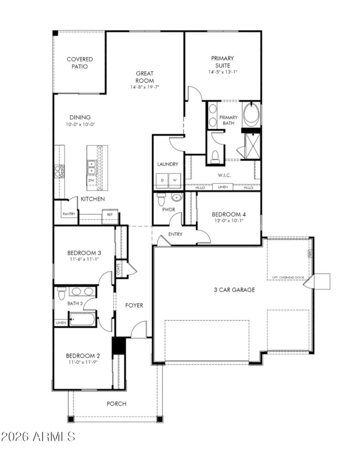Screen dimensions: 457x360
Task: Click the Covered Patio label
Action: coord(80,63)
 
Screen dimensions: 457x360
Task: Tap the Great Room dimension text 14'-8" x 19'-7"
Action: coord(145,87)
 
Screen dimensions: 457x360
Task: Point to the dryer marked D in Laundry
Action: coord(162,180)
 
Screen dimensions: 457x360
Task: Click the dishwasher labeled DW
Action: coord(91,180)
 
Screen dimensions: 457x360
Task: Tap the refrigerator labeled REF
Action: coord(110,215)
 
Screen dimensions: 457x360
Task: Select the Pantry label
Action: coord(68,214)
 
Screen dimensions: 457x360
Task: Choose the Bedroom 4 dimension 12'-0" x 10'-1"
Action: coord(229,220)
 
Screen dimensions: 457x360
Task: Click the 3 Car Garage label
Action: coord(234,290)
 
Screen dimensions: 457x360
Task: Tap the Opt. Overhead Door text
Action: coord(288,277)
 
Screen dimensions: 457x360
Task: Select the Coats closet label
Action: coord(119,269)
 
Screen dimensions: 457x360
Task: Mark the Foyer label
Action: coord(134,305)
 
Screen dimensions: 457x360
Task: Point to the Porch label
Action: coord(116,403)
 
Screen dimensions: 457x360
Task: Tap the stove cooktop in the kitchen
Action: coord(59,171)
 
